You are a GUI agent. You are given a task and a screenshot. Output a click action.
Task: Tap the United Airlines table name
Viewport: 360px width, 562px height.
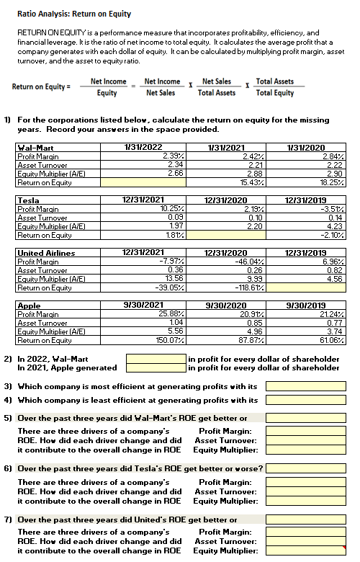(x=45, y=253)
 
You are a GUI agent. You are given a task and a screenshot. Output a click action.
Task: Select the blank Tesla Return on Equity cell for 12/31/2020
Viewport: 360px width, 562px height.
(x=220, y=234)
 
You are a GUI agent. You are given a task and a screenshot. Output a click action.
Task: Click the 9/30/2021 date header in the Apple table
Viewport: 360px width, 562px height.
(x=141, y=306)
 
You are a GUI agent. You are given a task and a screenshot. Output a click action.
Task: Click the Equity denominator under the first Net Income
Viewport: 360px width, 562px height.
(x=107, y=93)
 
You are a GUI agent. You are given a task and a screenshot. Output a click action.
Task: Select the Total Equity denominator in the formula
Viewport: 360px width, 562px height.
(x=274, y=93)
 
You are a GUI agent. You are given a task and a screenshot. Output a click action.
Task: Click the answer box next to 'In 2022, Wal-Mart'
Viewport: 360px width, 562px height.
(x=155, y=357)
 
